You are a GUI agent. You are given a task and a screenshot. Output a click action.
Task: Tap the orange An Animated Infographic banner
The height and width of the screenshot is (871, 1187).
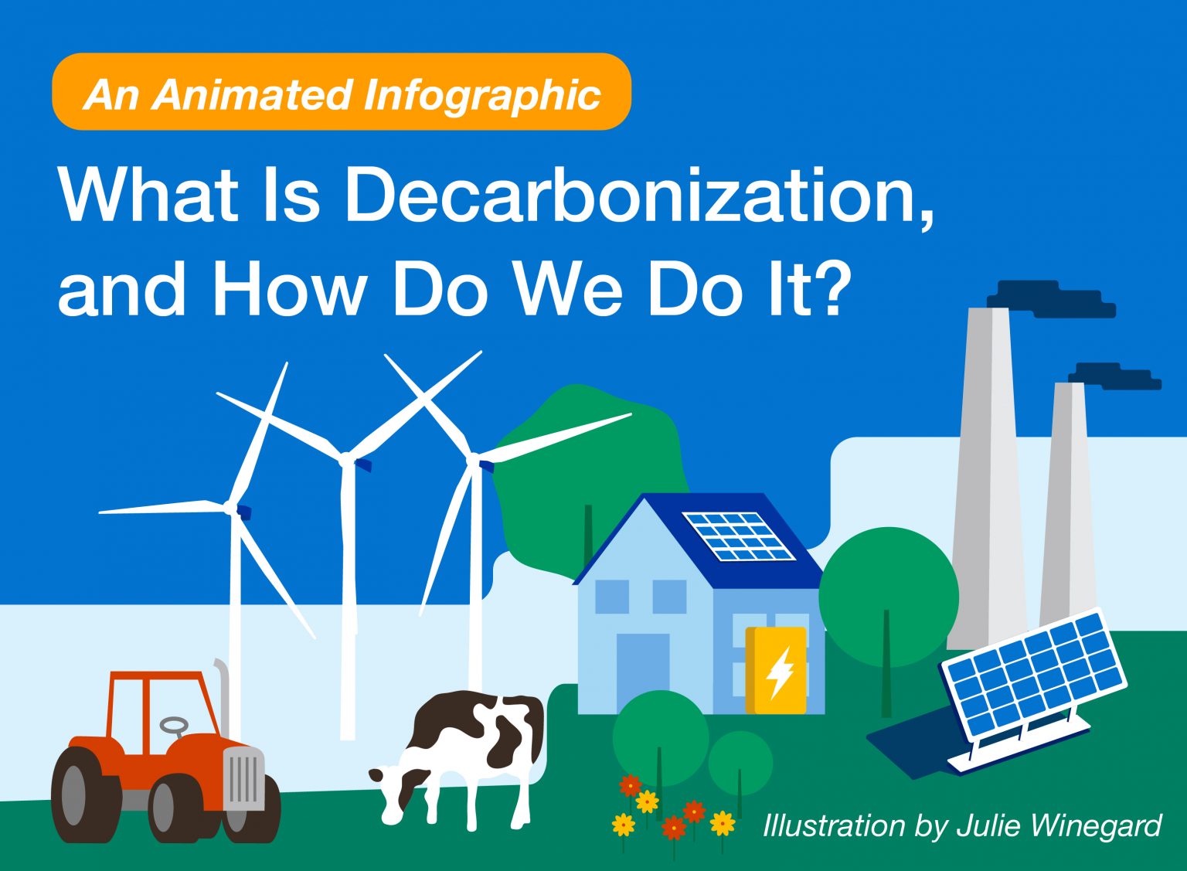pos(342,93)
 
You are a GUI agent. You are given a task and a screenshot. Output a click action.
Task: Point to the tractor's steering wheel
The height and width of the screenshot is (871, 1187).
pos(174,726)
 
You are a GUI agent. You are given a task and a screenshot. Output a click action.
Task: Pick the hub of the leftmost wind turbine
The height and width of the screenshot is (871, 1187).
pos(230,508)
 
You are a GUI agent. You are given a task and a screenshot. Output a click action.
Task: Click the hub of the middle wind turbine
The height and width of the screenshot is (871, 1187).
pos(345,461)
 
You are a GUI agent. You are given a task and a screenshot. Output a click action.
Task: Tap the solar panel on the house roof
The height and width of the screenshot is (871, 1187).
pos(738,536)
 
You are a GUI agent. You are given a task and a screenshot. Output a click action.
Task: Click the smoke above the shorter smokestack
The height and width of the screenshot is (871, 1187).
pos(1117,376)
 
